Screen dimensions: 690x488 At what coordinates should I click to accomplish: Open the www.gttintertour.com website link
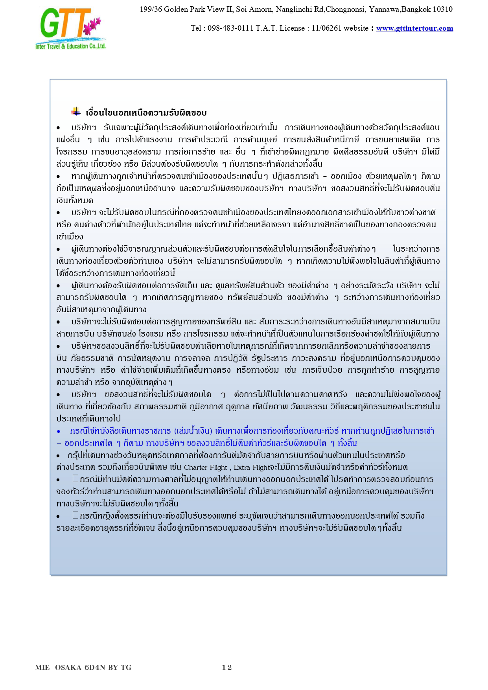(414, 28)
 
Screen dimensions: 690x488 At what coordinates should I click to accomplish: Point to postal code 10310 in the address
(442, 9)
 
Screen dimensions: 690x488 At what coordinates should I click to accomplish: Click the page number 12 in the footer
(227, 667)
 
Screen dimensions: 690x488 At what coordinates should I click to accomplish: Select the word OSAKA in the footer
(68, 667)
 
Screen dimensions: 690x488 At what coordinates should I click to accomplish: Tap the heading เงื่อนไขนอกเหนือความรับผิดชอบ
(146, 113)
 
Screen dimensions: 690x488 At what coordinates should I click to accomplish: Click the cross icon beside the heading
(76, 112)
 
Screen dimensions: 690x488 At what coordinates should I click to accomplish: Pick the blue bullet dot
(59, 431)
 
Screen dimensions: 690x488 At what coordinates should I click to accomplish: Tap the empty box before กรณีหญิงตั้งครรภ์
(76, 515)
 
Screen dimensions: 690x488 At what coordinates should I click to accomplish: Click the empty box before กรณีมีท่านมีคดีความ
(76, 479)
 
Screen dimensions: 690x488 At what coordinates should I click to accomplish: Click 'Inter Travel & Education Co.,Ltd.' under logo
(70, 46)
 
